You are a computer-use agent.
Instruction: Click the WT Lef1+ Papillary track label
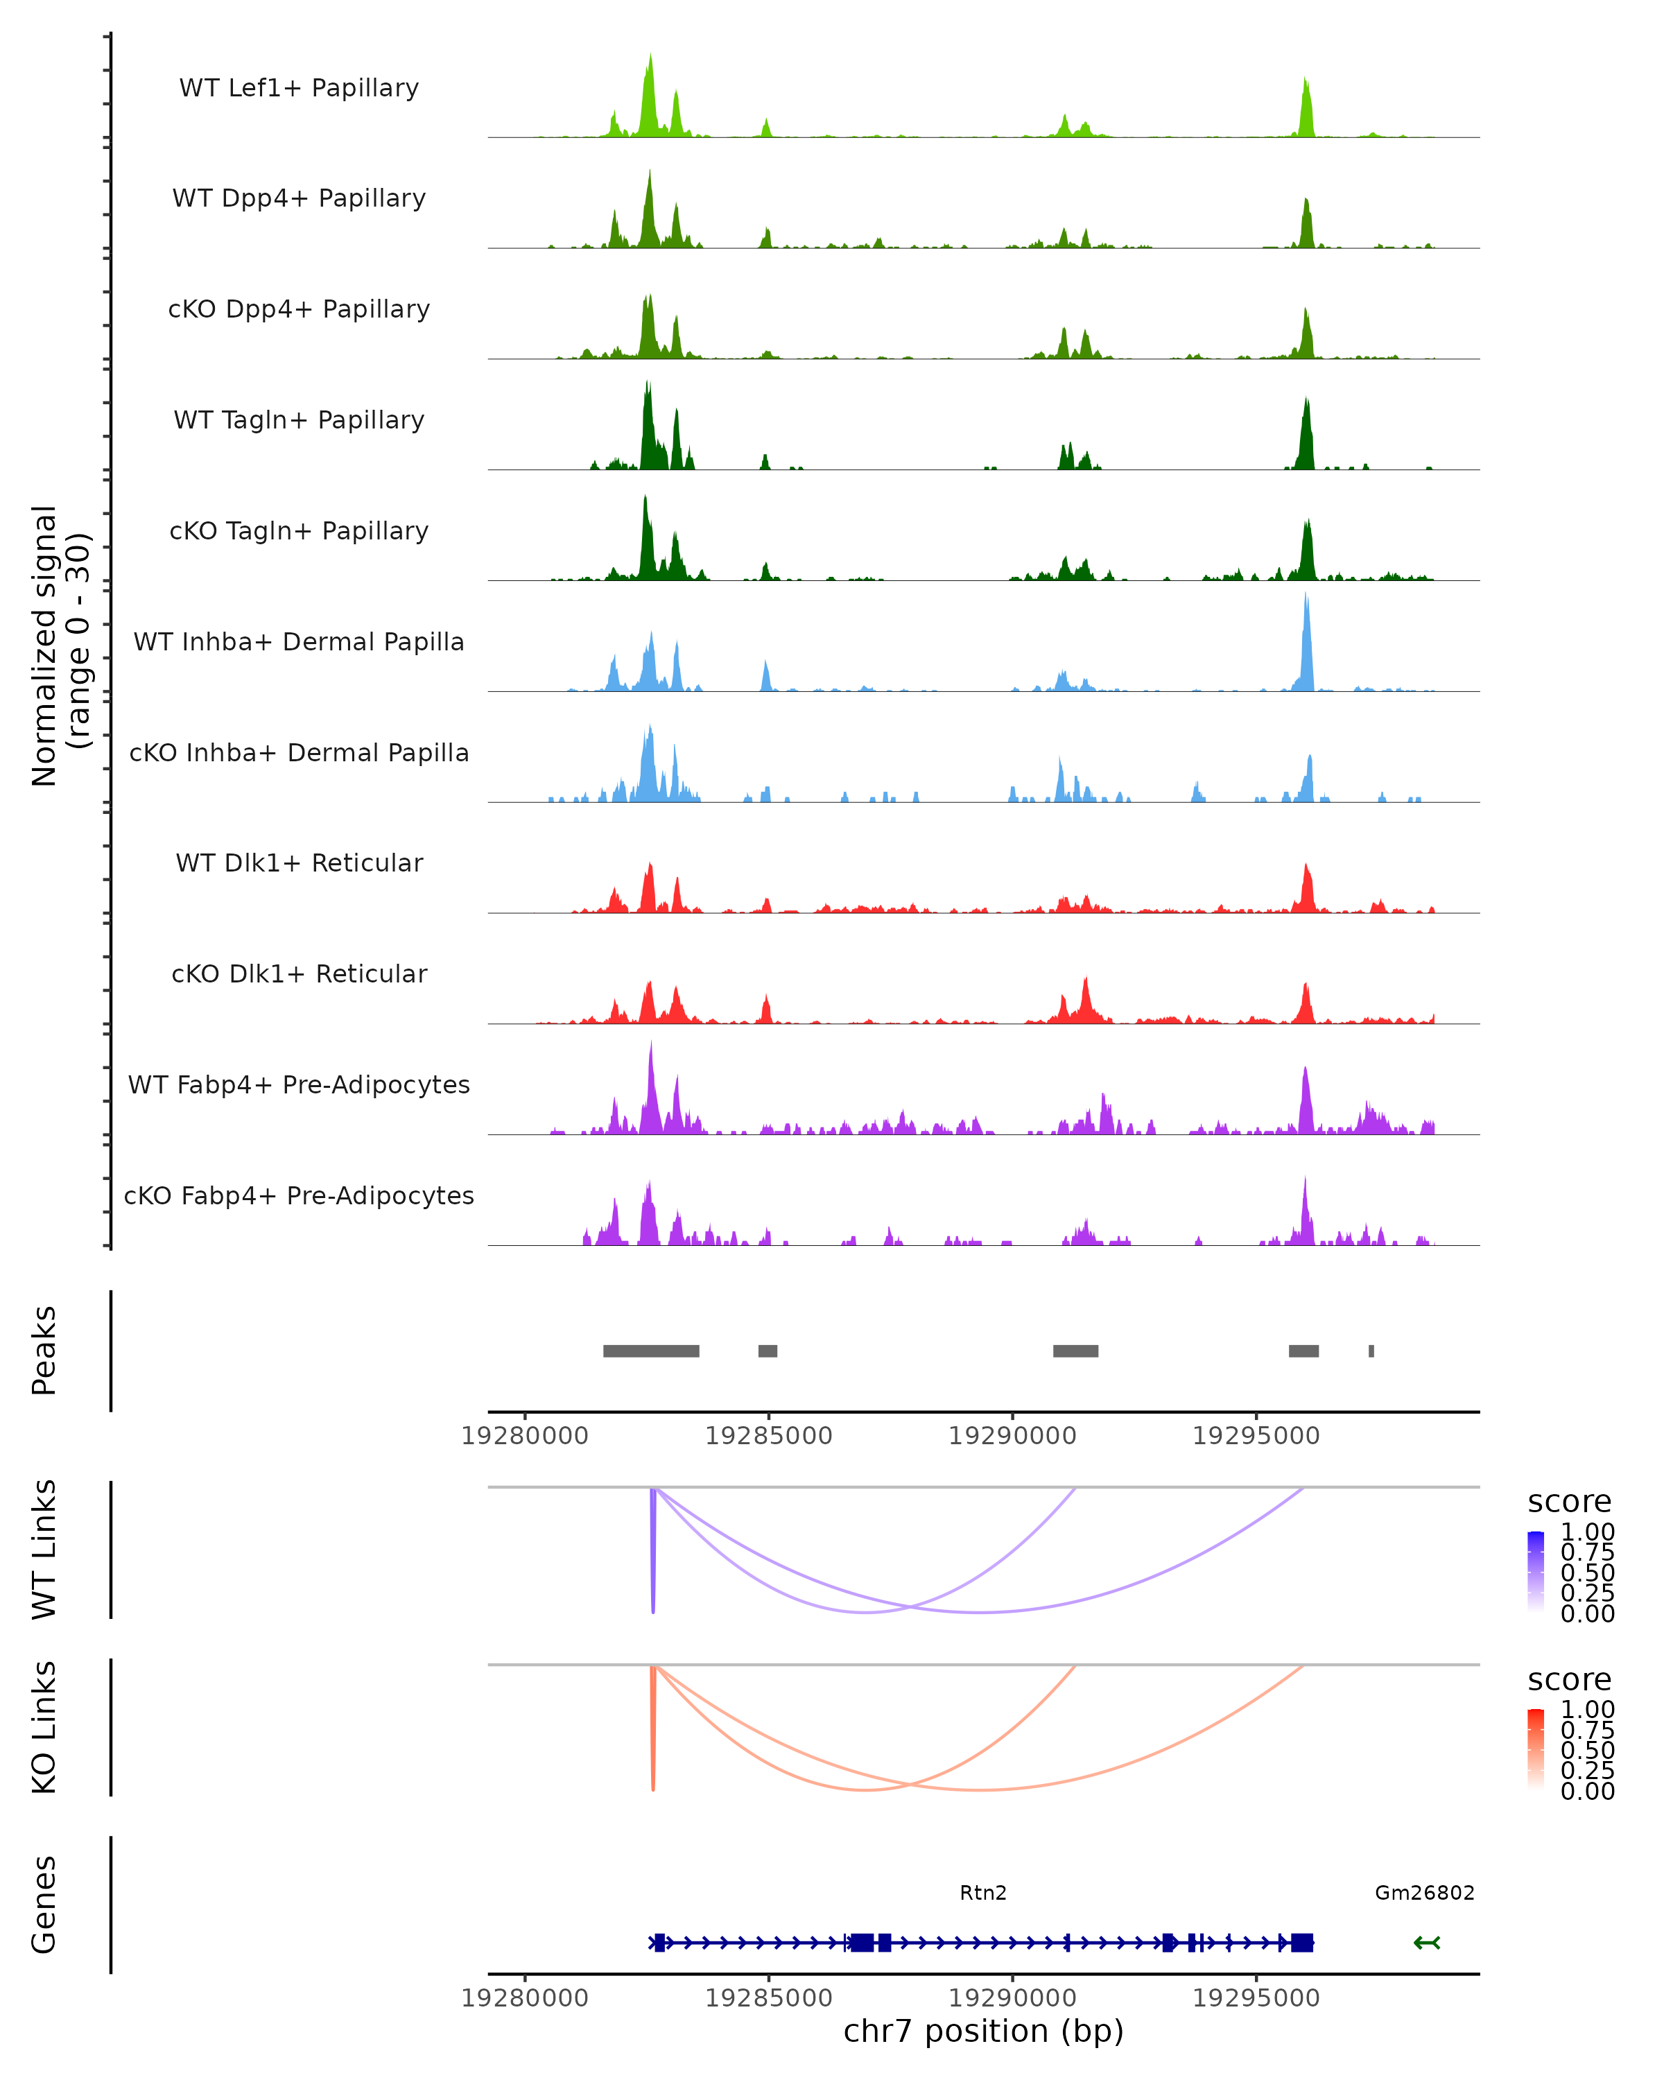[x=299, y=88]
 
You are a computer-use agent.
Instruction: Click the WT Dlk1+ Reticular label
[x=299, y=863]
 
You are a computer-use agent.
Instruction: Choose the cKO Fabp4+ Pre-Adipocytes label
[x=299, y=1195]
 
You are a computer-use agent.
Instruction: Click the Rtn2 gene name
[x=983, y=1893]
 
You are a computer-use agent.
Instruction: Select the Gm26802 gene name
[x=1424, y=1893]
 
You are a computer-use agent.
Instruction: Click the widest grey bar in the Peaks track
[x=651, y=1351]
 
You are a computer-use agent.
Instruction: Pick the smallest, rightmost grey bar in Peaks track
[x=1371, y=1351]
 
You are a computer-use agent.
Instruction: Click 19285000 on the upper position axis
[x=768, y=1436]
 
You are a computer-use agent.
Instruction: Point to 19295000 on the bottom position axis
[x=1255, y=1998]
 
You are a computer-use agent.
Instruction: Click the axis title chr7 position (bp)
[x=983, y=2031]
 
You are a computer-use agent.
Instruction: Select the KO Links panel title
[x=44, y=1727]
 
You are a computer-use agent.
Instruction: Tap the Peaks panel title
[x=44, y=1351]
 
